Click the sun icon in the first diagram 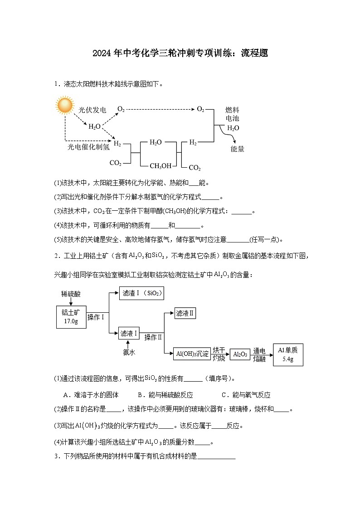pos(64,105)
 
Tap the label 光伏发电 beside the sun pos(92,110)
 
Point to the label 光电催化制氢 pos(88,147)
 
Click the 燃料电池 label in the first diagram pos(232,114)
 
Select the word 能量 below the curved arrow pos(237,149)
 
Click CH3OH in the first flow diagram pos(161,166)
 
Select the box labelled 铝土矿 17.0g pos(70,316)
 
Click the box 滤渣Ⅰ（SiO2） pos(141,293)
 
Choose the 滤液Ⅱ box pos(185,313)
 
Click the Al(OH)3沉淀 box pos(192,354)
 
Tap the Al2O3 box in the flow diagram pos(240,354)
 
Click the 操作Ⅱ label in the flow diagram pos(153,337)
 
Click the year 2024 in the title pos(102,53)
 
